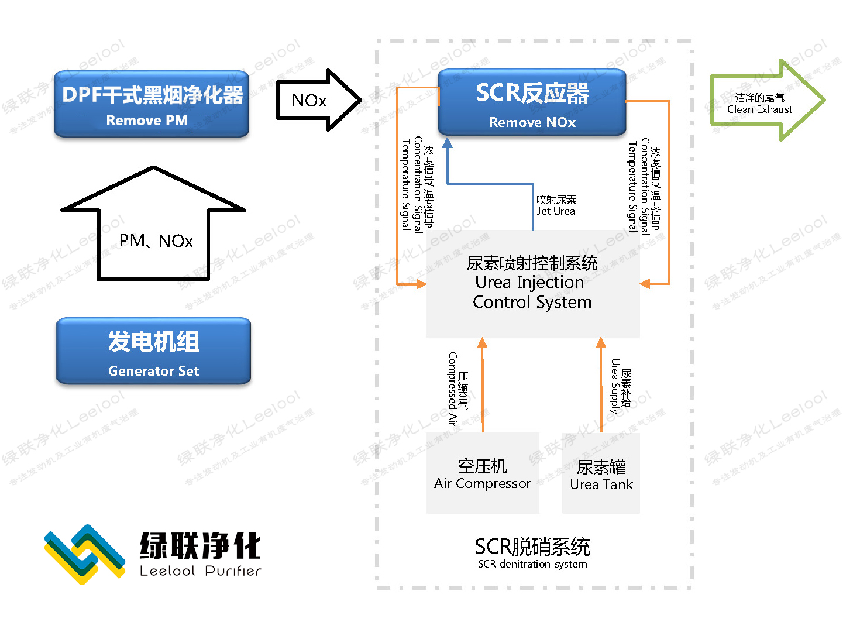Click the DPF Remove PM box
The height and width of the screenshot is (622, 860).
(152, 104)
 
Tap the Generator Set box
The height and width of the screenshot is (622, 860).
(153, 351)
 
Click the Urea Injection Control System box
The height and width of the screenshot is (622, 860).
(532, 283)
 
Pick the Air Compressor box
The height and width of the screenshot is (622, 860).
(482, 473)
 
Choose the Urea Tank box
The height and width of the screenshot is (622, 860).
(601, 473)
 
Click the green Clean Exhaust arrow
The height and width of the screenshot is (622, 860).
(766, 101)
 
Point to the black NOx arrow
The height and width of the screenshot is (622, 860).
(317, 100)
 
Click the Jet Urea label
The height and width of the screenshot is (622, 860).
(556, 205)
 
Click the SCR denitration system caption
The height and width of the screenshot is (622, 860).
(532, 552)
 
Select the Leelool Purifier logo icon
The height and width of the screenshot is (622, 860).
(85, 554)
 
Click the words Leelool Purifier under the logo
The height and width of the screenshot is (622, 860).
(200, 571)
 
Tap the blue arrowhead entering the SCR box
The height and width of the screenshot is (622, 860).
(448, 143)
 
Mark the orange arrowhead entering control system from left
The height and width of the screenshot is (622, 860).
(421, 284)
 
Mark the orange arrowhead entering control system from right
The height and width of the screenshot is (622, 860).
(645, 284)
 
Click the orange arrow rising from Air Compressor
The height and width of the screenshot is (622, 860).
(482, 386)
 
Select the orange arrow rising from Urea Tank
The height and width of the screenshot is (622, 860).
(601, 386)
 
